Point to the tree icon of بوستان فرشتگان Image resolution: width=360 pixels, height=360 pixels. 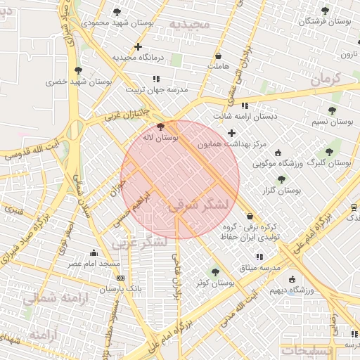pyautogui.click(x=324, y=11)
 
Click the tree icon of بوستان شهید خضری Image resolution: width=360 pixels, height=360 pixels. pyautogui.click(x=77, y=71)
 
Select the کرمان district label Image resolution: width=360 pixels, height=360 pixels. pyautogui.click(x=324, y=79)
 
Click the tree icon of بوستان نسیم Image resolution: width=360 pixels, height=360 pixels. pyautogui.click(x=332, y=110)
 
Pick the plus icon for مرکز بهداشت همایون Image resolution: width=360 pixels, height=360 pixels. pyautogui.click(x=231, y=133)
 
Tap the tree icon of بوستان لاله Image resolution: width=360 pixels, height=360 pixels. pyautogui.click(x=162, y=127)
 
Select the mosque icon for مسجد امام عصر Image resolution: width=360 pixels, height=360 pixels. pyautogui.click(x=94, y=253)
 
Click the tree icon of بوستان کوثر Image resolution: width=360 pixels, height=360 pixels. pyautogui.click(x=215, y=272)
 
